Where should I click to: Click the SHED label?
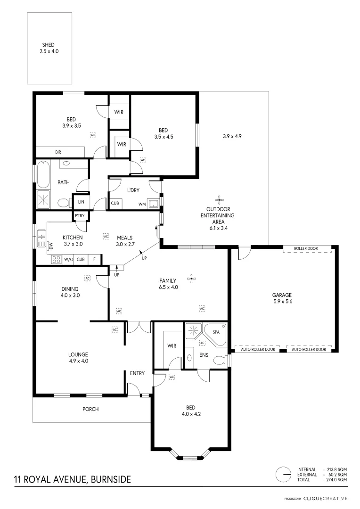49,45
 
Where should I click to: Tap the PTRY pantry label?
79,216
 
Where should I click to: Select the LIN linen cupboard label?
81,202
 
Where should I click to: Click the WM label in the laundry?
142,204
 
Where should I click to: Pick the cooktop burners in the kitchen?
56,259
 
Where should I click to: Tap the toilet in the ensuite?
219,361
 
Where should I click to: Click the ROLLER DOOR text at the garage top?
306,248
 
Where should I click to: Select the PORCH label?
90,409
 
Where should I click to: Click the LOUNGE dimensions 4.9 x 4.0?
78,361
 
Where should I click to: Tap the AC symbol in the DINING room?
87,278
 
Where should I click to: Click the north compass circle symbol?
284,474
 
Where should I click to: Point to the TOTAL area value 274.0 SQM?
337,479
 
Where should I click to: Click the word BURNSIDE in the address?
110,480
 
